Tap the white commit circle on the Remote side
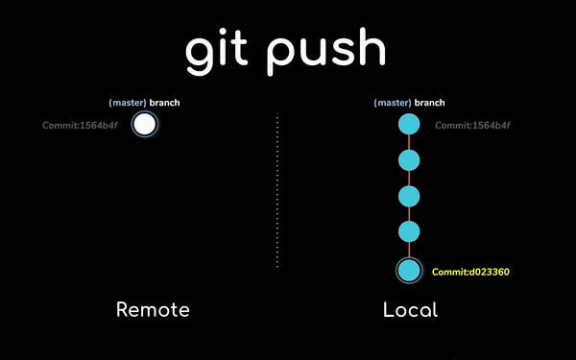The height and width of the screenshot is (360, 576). click(144, 124)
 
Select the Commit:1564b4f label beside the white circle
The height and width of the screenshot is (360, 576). click(82, 125)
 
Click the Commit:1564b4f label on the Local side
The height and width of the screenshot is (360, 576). click(473, 125)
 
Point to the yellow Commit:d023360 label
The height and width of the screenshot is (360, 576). click(470, 272)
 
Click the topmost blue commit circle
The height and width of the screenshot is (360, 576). click(410, 124)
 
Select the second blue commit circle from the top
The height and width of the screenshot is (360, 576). click(410, 160)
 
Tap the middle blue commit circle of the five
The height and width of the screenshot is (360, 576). click(410, 196)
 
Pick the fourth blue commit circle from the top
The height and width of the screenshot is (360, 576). click(410, 231)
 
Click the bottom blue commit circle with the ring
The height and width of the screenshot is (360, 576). click(410, 271)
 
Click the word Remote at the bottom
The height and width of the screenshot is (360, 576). click(153, 310)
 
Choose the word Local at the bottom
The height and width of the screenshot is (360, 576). click(410, 310)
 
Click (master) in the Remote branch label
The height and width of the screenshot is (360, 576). click(128, 103)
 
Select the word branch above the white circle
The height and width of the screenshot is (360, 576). click(164, 103)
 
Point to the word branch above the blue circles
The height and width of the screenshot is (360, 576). click(428, 103)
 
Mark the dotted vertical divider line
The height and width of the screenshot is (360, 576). click(277, 192)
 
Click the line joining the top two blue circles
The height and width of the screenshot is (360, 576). click(410, 142)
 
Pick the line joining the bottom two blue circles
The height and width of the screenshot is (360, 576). click(410, 251)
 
